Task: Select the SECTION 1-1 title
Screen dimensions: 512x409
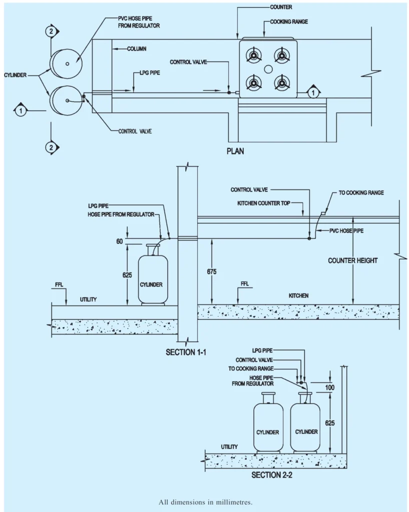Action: click(x=186, y=352)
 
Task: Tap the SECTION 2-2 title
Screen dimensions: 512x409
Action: click(x=271, y=475)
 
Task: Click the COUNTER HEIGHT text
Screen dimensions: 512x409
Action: click(x=353, y=260)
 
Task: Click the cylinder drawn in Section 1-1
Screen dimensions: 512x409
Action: click(x=153, y=276)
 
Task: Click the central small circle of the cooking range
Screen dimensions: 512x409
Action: click(x=268, y=68)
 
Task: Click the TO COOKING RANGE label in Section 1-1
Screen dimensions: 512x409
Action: click(x=358, y=192)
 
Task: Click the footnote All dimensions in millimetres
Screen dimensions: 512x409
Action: click(x=204, y=501)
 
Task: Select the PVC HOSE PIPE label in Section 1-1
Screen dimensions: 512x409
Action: click(x=347, y=231)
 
